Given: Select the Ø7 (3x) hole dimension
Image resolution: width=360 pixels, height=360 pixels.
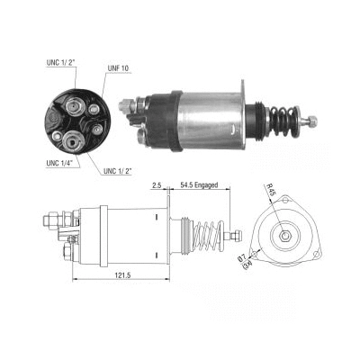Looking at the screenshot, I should [265, 261].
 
